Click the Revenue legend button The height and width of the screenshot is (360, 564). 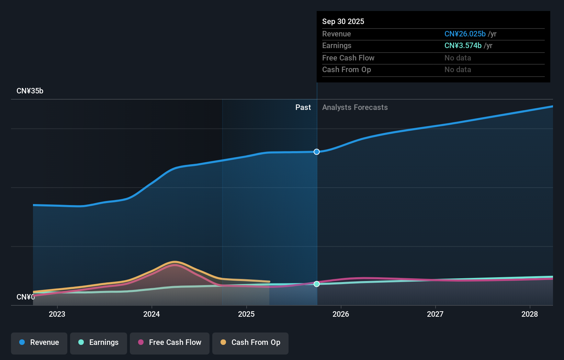(x=39, y=342)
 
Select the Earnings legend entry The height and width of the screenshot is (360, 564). (x=99, y=342)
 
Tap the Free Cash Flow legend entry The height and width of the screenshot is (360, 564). (x=170, y=342)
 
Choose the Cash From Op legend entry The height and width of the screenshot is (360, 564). (x=250, y=342)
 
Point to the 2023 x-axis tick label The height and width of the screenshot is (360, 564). (x=57, y=314)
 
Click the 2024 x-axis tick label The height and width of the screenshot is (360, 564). (x=151, y=314)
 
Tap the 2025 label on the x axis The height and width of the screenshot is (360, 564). (x=246, y=314)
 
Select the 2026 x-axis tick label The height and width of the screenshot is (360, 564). (x=341, y=314)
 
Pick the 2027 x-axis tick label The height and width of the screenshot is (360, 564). (x=435, y=314)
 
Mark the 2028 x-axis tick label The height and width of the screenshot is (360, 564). (x=530, y=314)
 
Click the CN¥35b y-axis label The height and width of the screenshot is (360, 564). (x=30, y=91)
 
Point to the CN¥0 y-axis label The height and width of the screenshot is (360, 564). (x=26, y=297)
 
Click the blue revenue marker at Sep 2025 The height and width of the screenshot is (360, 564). (x=317, y=152)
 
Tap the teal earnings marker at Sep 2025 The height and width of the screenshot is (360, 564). (x=317, y=284)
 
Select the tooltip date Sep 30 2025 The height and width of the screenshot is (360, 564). (x=343, y=21)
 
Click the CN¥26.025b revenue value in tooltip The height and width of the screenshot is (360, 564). (x=465, y=34)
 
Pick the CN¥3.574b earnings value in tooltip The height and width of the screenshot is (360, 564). (x=463, y=46)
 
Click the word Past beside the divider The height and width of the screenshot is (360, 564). (x=303, y=108)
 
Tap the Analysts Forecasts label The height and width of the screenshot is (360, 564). (x=355, y=108)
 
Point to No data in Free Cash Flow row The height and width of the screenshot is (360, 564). (x=458, y=58)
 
